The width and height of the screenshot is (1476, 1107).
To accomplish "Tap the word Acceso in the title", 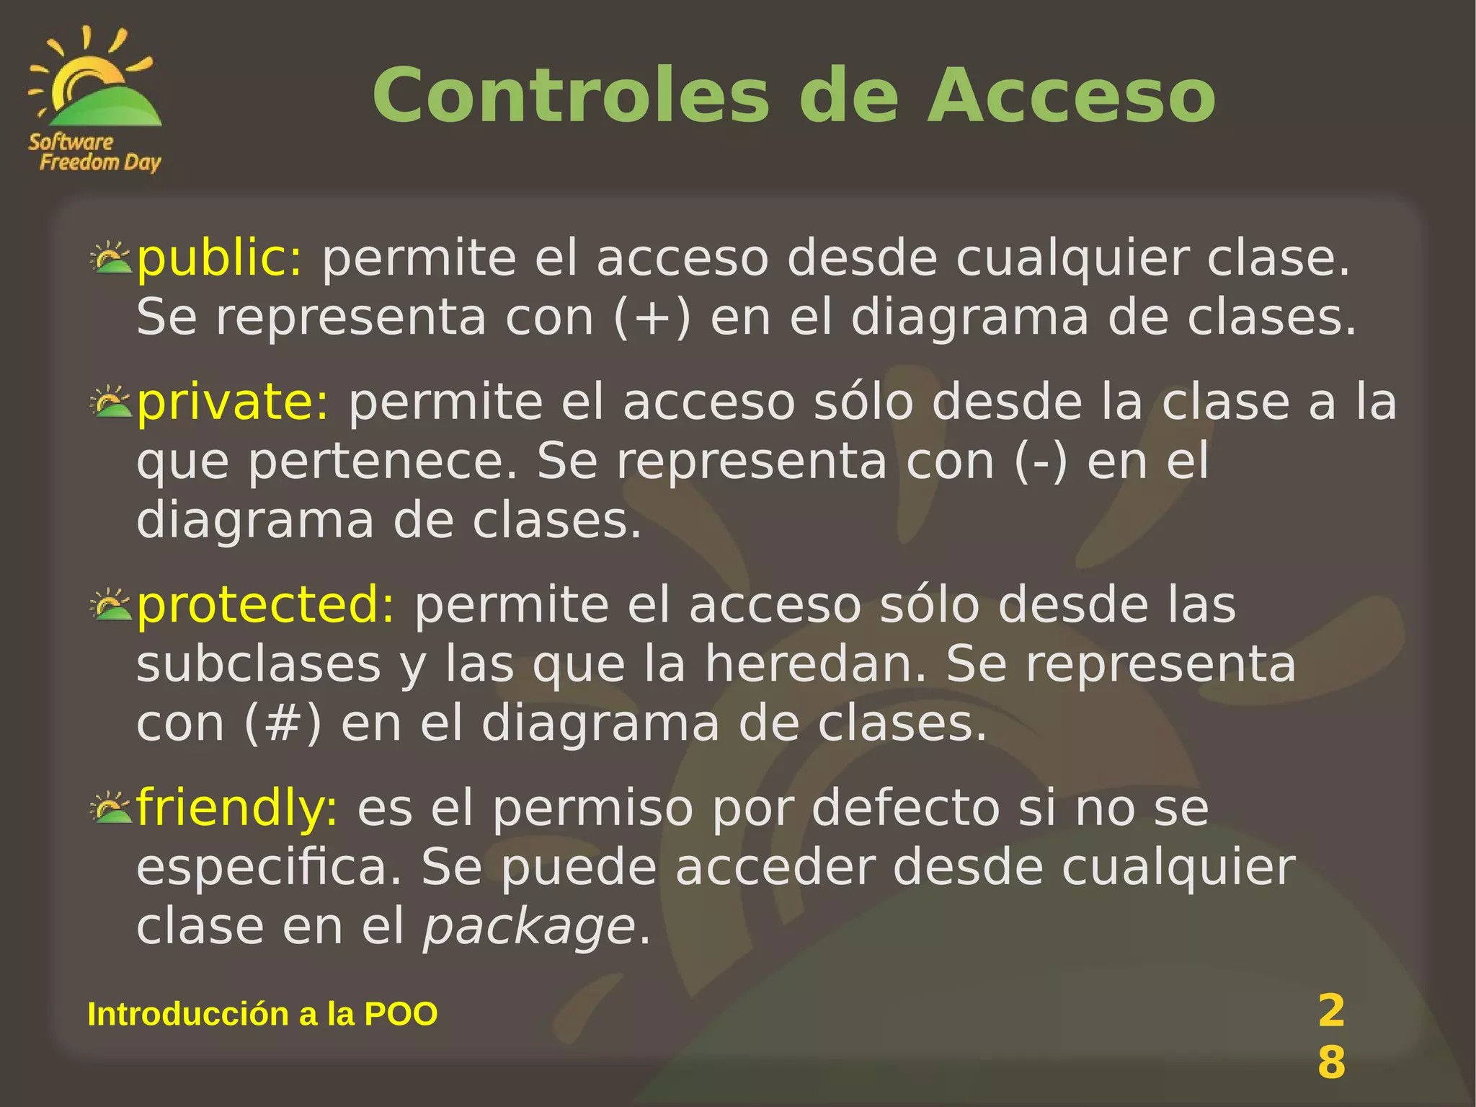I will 1071,97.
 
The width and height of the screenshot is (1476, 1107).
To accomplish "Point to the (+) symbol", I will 652,318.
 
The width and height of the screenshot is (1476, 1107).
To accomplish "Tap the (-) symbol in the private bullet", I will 1041,462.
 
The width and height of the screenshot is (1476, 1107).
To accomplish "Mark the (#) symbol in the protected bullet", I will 283,723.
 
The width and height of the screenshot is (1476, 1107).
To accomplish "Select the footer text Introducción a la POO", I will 262,1014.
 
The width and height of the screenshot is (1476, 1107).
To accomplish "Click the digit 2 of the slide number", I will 1331,1010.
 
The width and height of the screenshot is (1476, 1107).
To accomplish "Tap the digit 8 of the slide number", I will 1331,1062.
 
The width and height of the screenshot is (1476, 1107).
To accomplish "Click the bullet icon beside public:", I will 111,257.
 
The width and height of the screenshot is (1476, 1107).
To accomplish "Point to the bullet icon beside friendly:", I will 111,807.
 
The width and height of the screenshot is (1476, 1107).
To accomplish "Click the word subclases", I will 258,664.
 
